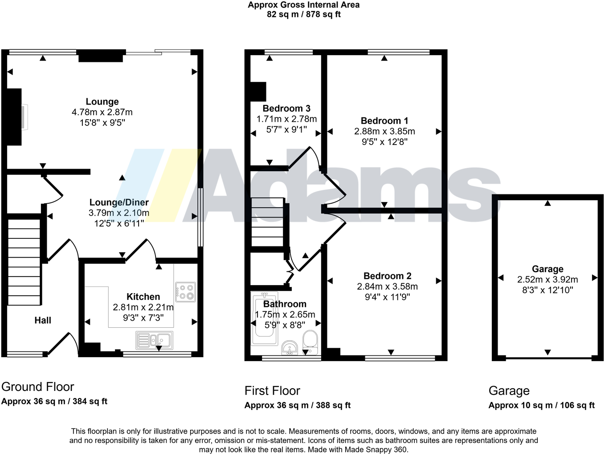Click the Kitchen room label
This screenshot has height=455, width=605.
point(143,297)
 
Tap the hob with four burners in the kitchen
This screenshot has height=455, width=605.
point(185,291)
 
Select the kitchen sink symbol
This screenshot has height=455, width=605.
point(154,340)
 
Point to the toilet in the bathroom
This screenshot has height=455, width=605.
point(310,341)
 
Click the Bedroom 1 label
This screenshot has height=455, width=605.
point(384,121)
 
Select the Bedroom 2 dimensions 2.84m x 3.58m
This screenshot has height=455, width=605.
point(387,286)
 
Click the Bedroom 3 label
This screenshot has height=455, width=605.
point(286,109)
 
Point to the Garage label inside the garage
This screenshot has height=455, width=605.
point(547,269)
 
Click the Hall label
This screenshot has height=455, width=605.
point(43,320)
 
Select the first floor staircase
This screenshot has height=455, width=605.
point(268,222)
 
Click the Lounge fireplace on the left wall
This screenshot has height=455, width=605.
point(15,117)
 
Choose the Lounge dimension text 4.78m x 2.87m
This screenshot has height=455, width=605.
point(102,113)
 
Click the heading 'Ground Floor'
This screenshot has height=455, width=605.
point(38,387)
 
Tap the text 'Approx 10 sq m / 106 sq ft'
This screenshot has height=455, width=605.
point(541,405)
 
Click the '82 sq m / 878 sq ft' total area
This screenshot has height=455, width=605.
point(303,14)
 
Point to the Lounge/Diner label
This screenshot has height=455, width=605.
point(119,203)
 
